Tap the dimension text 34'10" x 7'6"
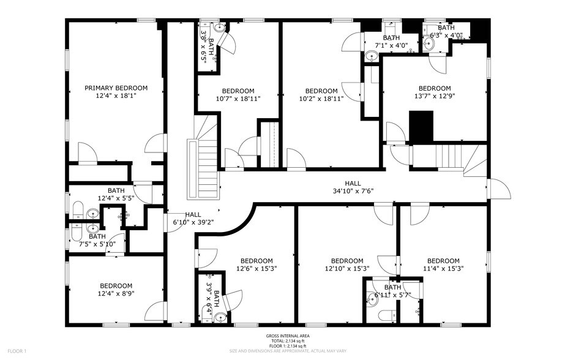pyautogui.click(x=352, y=191)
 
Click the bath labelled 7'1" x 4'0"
pyautogui.click(x=391, y=41)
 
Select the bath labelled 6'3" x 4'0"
pyautogui.click(x=446, y=31)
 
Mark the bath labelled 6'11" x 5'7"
pyautogui.click(x=392, y=291)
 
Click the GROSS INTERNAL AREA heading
pyautogui.click(x=288, y=336)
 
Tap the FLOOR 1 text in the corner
pyautogui.click(x=17, y=351)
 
